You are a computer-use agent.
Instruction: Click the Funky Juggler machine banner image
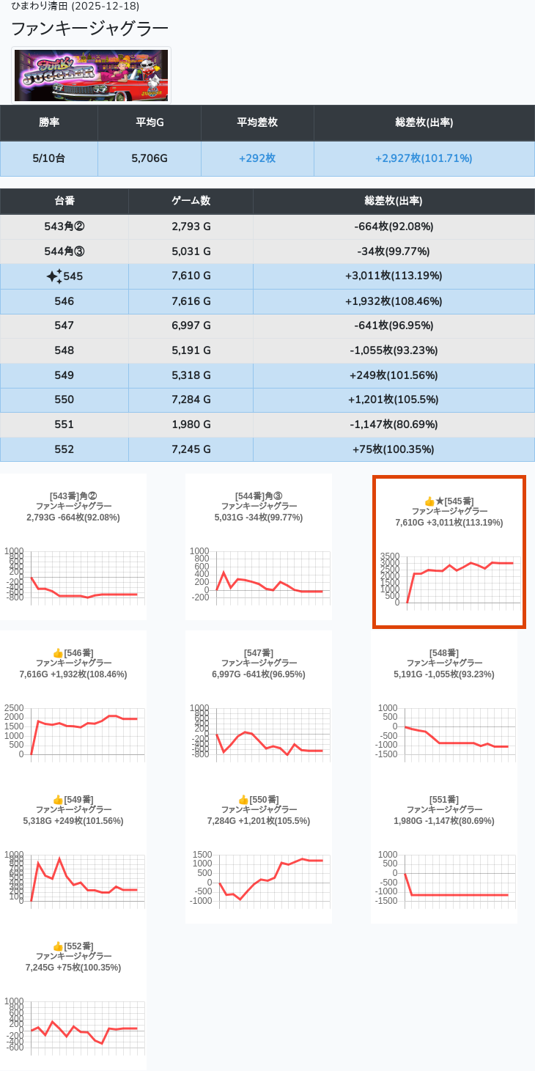[91, 76]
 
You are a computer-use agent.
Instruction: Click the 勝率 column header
[49, 122]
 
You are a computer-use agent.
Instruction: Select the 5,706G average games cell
[150, 158]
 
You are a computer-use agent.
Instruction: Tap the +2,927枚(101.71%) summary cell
[424, 158]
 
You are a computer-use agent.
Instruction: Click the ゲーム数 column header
[191, 201]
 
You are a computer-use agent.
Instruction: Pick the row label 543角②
[64, 227]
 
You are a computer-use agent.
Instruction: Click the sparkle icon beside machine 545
[54, 276]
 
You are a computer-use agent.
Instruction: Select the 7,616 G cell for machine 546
[191, 301]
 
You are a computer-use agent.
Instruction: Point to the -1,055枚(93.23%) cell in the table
[394, 350]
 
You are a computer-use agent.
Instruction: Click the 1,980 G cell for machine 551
[191, 424]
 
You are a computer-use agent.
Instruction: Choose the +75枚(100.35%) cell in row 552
[394, 449]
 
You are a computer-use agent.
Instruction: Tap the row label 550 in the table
[64, 400]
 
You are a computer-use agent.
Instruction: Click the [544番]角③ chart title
[259, 496]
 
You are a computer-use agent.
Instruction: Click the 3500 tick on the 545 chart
[390, 556]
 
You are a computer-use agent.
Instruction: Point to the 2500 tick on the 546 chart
[15, 708]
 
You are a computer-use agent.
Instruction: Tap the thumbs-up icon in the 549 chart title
[58, 800]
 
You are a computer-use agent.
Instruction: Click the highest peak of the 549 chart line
[59, 858]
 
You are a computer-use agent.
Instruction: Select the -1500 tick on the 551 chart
[388, 901]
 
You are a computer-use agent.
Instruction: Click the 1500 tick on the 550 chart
[202, 855]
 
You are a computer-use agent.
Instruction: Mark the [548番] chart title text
[444, 652]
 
